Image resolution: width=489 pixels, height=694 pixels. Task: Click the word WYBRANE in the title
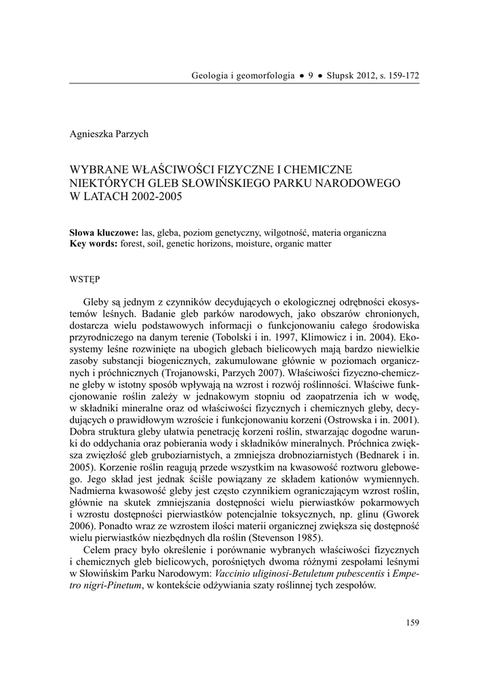97,169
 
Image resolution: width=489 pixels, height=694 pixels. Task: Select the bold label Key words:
94,243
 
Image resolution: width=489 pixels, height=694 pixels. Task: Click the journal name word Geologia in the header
211,75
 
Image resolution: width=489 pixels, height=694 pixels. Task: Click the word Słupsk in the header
332,75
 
